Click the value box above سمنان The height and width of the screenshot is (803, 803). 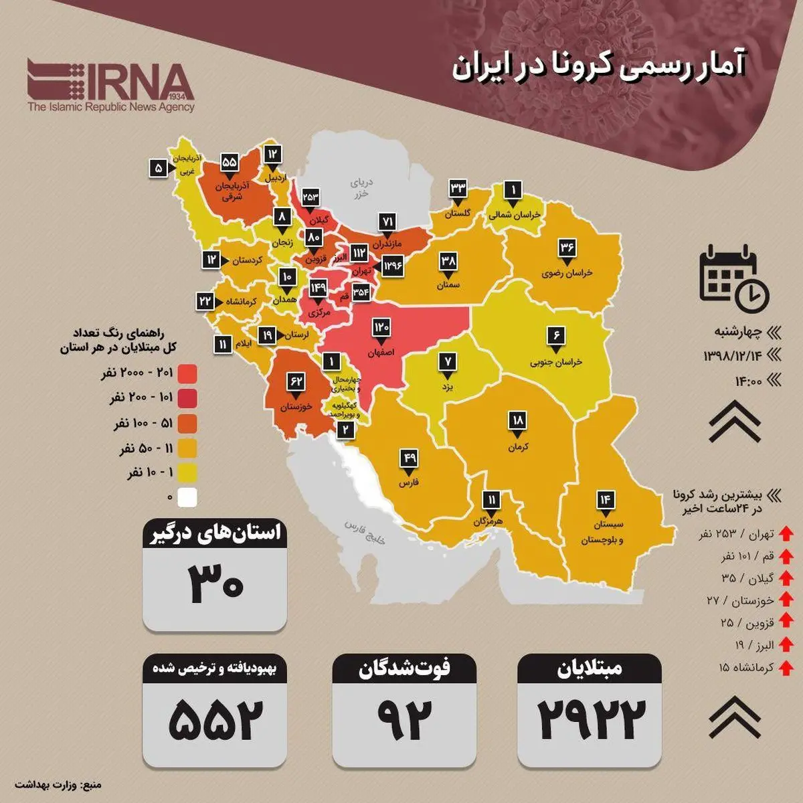click(x=448, y=262)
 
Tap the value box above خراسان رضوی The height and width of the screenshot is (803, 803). click(x=567, y=248)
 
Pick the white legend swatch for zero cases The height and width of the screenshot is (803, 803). click(x=187, y=497)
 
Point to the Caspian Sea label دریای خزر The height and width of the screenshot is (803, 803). click(x=361, y=188)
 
